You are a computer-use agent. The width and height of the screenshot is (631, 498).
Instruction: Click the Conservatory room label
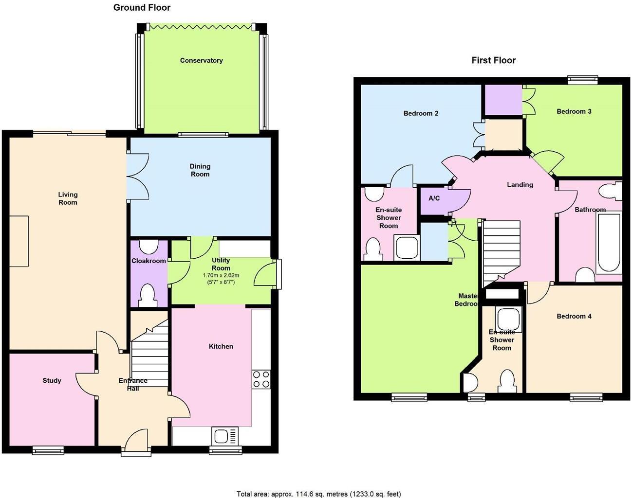(x=201, y=60)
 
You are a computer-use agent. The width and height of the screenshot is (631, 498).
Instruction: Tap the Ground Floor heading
(x=142, y=7)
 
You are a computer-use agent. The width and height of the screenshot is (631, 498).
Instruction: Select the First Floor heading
(x=493, y=60)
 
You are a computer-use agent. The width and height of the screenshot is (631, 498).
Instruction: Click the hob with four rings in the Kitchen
(x=261, y=379)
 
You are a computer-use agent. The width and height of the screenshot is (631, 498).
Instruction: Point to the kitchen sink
(x=225, y=435)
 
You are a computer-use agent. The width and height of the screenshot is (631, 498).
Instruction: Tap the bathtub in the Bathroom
(x=608, y=242)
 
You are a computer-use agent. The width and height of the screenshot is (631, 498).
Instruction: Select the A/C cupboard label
(x=434, y=198)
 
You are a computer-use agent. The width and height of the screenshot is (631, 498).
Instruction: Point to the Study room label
(x=52, y=380)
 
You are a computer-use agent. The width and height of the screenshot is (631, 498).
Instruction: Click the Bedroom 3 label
(x=574, y=111)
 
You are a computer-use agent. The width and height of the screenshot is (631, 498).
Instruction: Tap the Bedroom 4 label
(x=574, y=316)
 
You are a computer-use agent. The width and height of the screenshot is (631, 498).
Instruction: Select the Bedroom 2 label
(x=421, y=113)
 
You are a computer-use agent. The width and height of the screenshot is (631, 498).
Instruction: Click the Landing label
(x=520, y=185)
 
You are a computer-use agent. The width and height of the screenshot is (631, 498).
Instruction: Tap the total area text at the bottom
(x=318, y=494)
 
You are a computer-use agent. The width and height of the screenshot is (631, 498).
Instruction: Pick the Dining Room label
(x=200, y=170)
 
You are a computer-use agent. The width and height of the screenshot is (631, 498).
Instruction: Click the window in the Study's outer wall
(x=48, y=450)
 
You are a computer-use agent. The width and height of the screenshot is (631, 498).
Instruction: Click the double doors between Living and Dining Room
(x=129, y=177)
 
